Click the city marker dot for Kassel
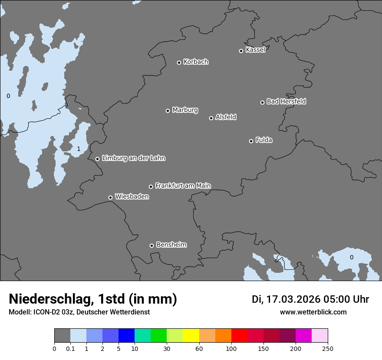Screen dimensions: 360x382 tap(241, 51)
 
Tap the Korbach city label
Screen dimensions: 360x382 tap(196, 62)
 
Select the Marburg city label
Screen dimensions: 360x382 tap(185, 110)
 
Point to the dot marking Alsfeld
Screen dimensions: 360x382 tap(211, 118)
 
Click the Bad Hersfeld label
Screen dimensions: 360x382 tap(286, 101)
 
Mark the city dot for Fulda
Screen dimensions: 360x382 tap(251, 141)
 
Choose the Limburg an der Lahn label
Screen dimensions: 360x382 tap(134, 158)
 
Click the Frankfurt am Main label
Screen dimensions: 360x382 tap(183, 186)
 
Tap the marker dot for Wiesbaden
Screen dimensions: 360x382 tap(110, 197)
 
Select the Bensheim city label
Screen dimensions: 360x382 tap(171, 245)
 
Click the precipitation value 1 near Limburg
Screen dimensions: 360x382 tap(79, 149)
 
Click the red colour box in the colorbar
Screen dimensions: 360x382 tap(239, 336)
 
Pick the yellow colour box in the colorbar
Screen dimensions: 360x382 tap(191, 336)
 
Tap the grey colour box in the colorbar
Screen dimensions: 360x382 tap(62, 336)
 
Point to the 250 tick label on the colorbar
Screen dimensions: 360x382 tap(328, 349)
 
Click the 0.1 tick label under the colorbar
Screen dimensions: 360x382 tap(70, 349)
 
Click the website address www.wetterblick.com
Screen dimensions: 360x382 tap(313, 312)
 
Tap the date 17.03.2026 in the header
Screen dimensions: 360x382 tap(293, 299)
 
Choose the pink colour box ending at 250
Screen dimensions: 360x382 tap(319, 336)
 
